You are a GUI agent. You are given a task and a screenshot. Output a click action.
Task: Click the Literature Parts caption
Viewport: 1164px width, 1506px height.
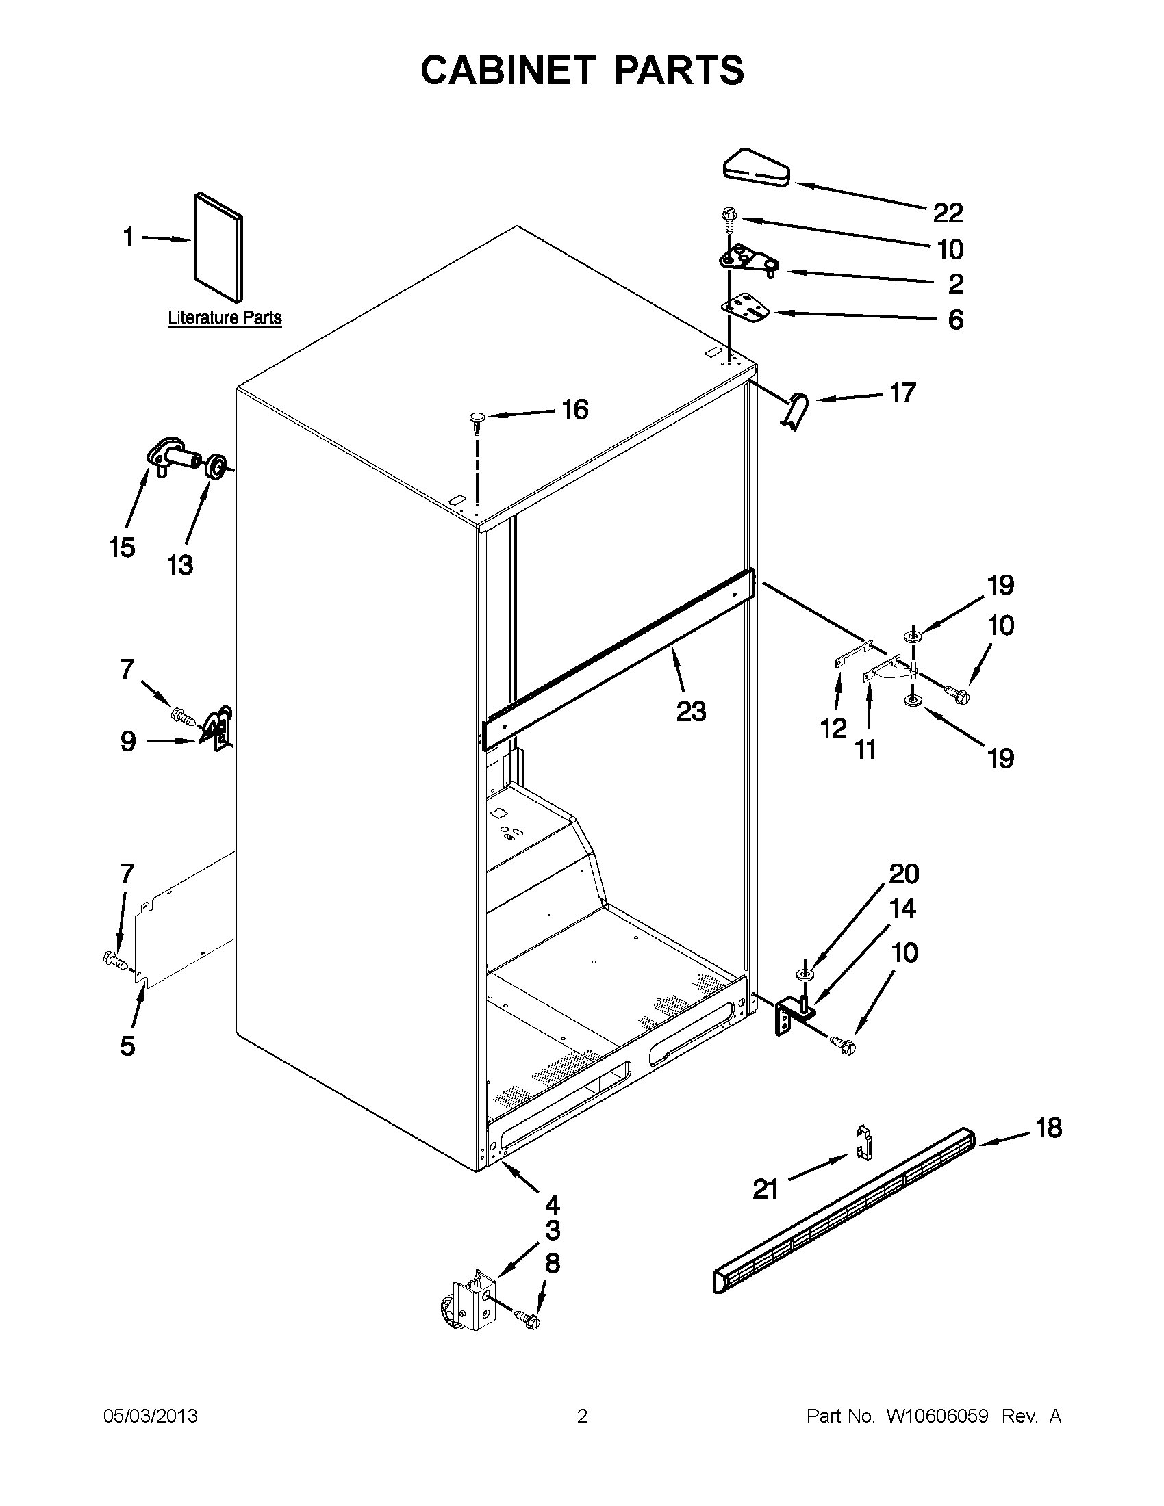click(x=225, y=318)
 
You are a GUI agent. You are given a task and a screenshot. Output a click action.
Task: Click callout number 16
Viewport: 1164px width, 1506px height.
click(x=574, y=410)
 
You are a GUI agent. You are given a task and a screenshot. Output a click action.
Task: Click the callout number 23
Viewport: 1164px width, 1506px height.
click(x=691, y=711)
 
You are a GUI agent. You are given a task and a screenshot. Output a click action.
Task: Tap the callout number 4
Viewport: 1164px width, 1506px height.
click(x=552, y=1204)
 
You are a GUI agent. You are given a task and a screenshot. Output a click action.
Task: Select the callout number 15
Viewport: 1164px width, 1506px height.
click(x=121, y=548)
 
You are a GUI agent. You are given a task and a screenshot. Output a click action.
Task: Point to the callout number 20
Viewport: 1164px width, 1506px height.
click(x=904, y=874)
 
